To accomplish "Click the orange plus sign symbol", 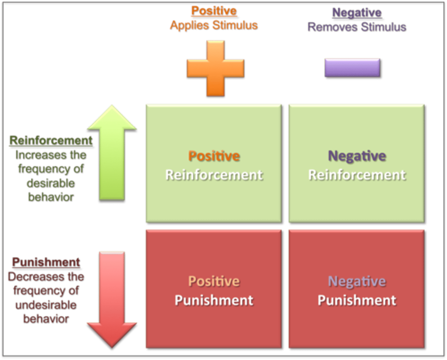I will click(x=215, y=68).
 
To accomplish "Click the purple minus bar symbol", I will click(x=352, y=68).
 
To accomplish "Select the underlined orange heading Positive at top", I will click(x=214, y=11).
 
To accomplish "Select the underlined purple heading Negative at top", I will click(x=357, y=13).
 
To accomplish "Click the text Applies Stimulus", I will click(x=214, y=25).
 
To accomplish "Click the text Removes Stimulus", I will click(x=357, y=27).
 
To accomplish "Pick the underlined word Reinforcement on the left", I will click(x=51, y=141).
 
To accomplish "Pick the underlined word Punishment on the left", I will click(x=46, y=262).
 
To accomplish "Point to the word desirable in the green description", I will click(x=51, y=183).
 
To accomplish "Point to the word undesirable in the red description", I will click(x=46, y=305).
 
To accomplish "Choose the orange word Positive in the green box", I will click(x=214, y=156).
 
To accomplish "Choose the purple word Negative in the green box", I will click(x=357, y=156).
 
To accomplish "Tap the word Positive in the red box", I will click(x=214, y=281).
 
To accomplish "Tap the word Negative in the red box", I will click(x=357, y=281).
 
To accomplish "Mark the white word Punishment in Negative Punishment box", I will click(x=357, y=300).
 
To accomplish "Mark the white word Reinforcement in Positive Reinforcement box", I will click(x=214, y=175).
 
